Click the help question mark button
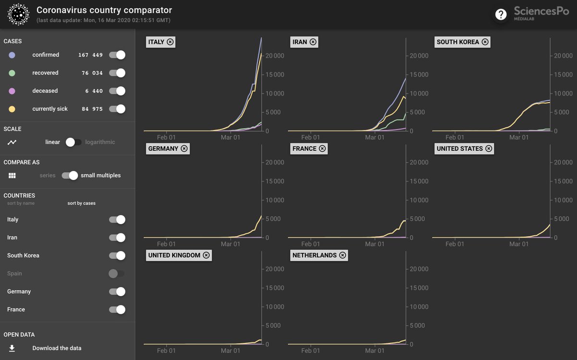pyautogui.click(x=501, y=15)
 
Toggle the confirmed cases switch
pyautogui.click(x=117, y=55)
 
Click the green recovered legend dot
pyautogui.click(x=12, y=73)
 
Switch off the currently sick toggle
pyautogui.click(x=117, y=109)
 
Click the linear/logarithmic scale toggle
pyautogui.click(x=73, y=142)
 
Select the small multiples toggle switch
pyautogui.click(x=70, y=176)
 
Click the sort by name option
pyautogui.click(x=21, y=204)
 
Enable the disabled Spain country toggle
pyautogui.click(x=116, y=274)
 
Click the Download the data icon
pyautogui.click(x=12, y=348)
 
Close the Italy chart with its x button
pyautogui.click(x=170, y=42)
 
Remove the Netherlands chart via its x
pyautogui.click(x=342, y=255)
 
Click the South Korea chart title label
pyautogui.click(x=458, y=42)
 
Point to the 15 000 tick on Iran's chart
pyautogui.click(x=418, y=75)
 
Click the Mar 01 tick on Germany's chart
pyautogui.click(x=230, y=244)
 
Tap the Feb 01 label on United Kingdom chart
pyautogui.click(x=166, y=351)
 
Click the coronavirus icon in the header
pyautogui.click(x=19, y=14)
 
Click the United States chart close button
pyautogui.click(x=489, y=149)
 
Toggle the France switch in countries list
pyautogui.click(x=117, y=310)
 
